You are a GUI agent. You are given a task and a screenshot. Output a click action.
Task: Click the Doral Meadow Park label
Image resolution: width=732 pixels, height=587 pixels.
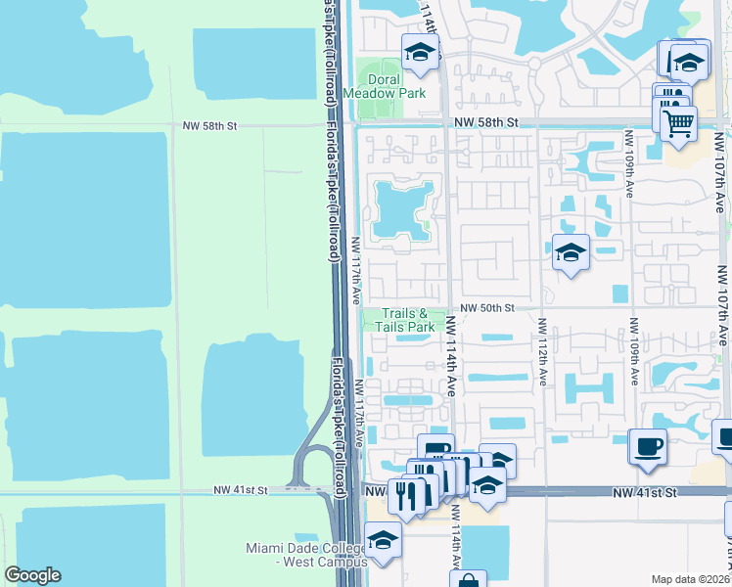pyautogui.click(x=397, y=86)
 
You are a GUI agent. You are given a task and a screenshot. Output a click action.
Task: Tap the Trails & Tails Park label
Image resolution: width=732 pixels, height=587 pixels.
pyautogui.click(x=407, y=320)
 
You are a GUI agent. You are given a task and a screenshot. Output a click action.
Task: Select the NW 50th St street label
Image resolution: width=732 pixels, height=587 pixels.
pyautogui.click(x=488, y=307)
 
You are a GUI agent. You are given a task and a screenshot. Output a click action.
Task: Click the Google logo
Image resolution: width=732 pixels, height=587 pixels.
pyautogui.click(x=32, y=575)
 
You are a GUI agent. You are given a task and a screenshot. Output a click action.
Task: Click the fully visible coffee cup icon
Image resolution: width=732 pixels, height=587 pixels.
pyautogui.click(x=648, y=448)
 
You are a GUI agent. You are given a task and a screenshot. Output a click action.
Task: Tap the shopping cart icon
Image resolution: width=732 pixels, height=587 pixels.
pyautogui.click(x=677, y=123)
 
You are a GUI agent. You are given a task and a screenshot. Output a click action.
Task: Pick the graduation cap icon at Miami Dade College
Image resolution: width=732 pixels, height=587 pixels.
pyautogui.click(x=383, y=542)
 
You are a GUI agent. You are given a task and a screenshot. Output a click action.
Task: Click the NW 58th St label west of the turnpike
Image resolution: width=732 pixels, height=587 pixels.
pyautogui.click(x=209, y=126)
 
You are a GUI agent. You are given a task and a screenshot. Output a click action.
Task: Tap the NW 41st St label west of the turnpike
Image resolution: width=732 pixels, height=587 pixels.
pyautogui.click(x=241, y=489)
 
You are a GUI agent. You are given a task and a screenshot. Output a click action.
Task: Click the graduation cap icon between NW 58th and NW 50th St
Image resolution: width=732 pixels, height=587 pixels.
pyautogui.click(x=571, y=253)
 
